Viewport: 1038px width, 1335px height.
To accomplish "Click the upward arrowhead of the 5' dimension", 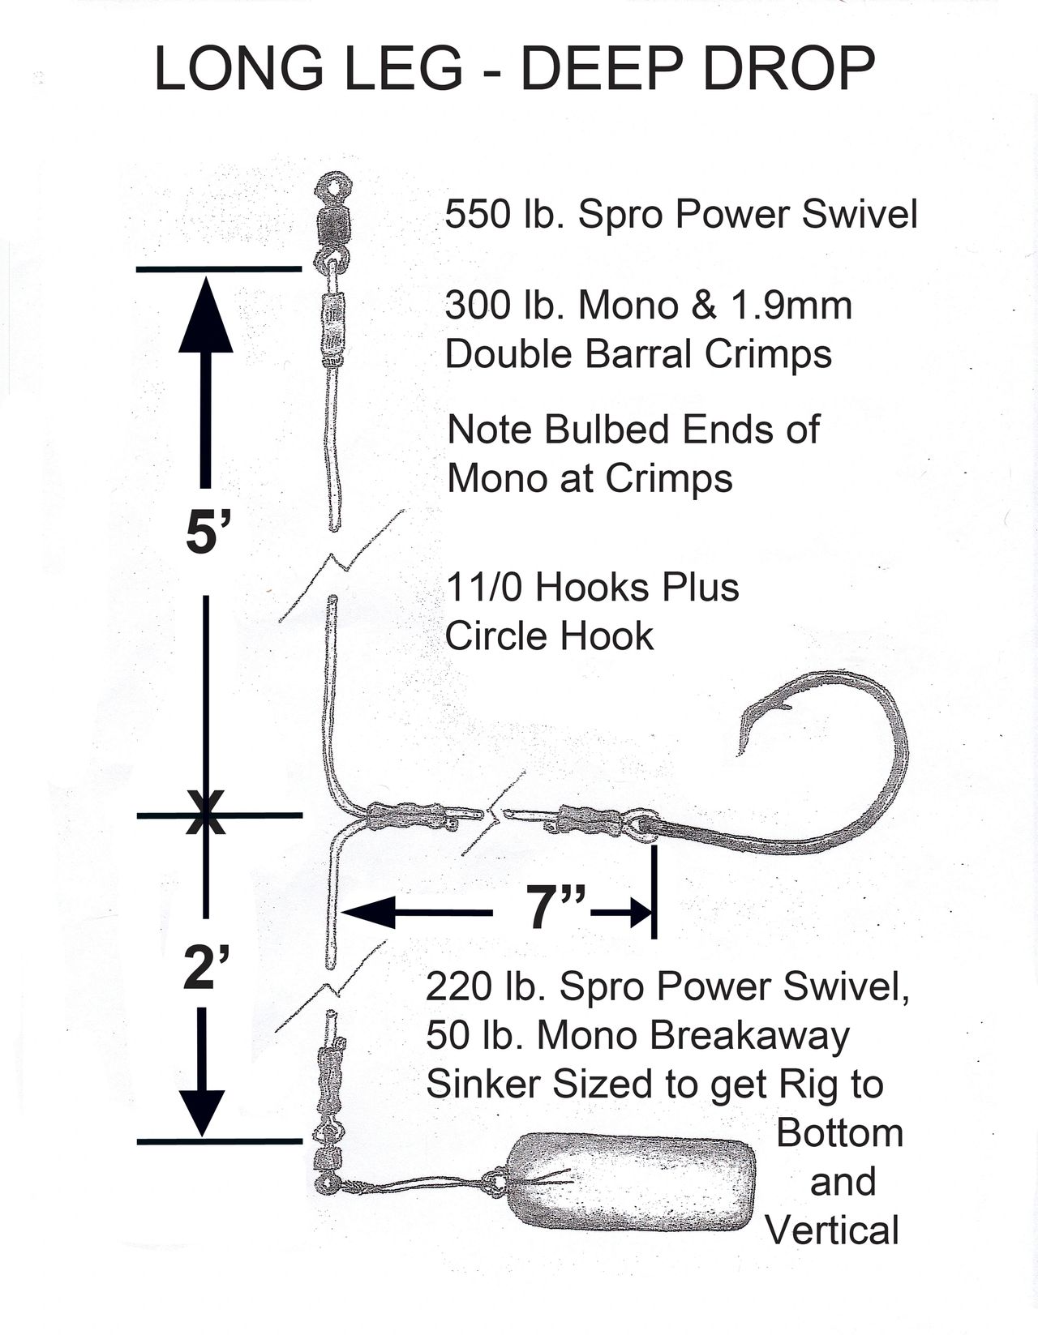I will click(x=206, y=315).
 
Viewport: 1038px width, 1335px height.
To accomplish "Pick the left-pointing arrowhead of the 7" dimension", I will click(x=369, y=912).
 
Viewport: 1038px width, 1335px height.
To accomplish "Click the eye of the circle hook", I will click(x=641, y=824).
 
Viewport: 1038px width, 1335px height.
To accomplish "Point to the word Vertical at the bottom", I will click(x=833, y=1230).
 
